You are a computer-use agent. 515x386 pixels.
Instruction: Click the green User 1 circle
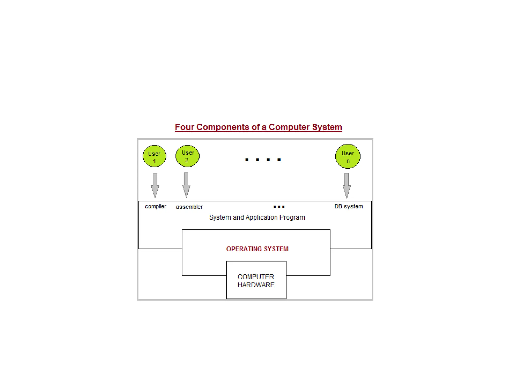[154, 156]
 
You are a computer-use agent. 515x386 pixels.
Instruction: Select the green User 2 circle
[187, 156]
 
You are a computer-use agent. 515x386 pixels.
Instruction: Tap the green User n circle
[348, 156]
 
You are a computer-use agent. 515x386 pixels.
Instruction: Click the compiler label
[155, 207]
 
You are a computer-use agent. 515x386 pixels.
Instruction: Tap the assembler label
[189, 207]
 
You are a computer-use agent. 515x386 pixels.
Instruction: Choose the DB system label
[349, 207]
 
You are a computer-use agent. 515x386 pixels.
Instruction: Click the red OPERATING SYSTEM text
[257, 249]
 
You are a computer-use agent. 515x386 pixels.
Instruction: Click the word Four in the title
[184, 127]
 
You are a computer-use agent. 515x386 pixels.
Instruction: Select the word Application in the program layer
[261, 217]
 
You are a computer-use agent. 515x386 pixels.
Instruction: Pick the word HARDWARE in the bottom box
[256, 285]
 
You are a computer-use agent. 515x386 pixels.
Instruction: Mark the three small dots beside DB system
[279, 207]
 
